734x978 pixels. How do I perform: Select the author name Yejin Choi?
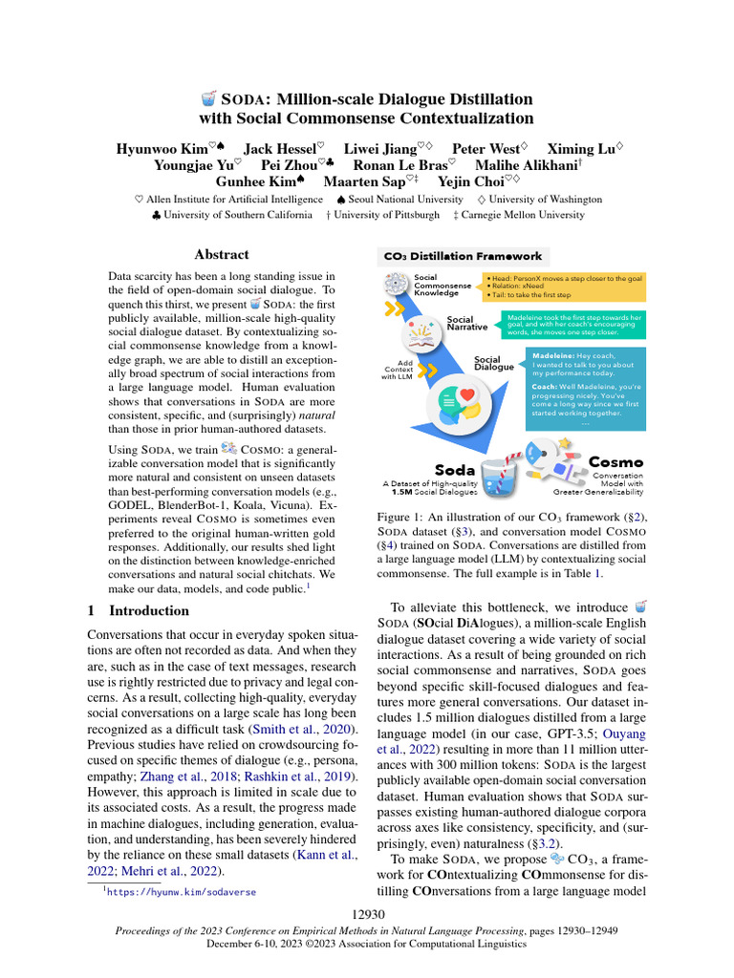tap(472, 181)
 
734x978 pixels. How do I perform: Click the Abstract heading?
tap(222, 254)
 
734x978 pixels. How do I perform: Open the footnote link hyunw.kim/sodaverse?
tap(182, 892)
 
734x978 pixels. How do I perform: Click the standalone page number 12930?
tap(366, 916)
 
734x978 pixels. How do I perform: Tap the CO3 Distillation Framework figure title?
tap(463, 256)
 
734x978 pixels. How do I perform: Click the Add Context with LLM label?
tap(399, 371)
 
